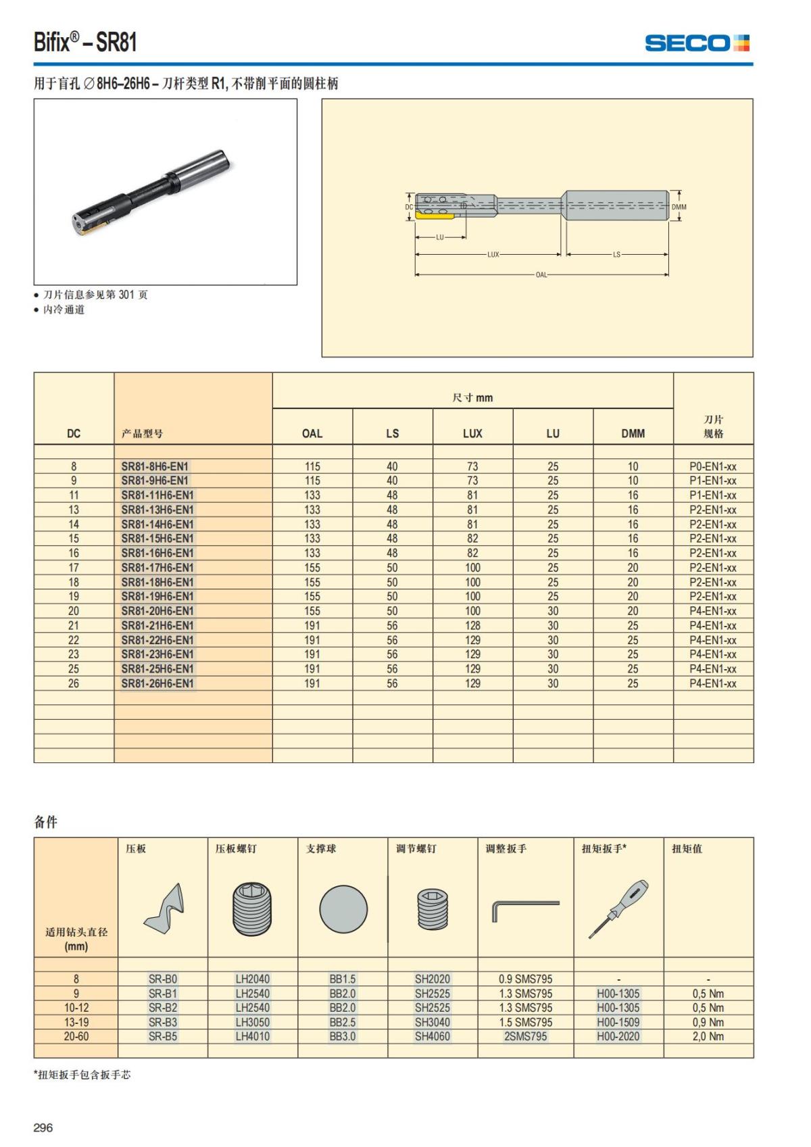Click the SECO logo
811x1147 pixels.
coord(697,43)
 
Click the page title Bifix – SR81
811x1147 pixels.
coord(85,43)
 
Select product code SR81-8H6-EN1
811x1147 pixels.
coord(155,466)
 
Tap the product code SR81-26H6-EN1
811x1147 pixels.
coord(157,683)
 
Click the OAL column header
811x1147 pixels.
coord(312,433)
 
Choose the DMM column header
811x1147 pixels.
coord(633,433)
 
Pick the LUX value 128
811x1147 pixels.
coord(472,626)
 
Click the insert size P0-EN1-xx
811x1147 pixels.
coord(713,466)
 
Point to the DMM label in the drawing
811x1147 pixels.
coord(679,208)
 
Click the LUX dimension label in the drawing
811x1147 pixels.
coord(493,255)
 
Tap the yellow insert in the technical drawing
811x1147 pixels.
coord(433,214)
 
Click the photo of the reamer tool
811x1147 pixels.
coord(151,192)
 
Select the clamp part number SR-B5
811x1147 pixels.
coord(163,1036)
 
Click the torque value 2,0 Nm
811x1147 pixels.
coord(708,1036)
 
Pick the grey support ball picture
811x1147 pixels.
coord(343,910)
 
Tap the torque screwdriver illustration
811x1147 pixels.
coord(618,909)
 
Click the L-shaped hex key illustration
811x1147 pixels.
coord(524,909)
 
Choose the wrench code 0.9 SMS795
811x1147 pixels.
coord(525,979)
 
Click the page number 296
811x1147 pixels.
coord(43,1127)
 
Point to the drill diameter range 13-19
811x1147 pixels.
coord(76,1022)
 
